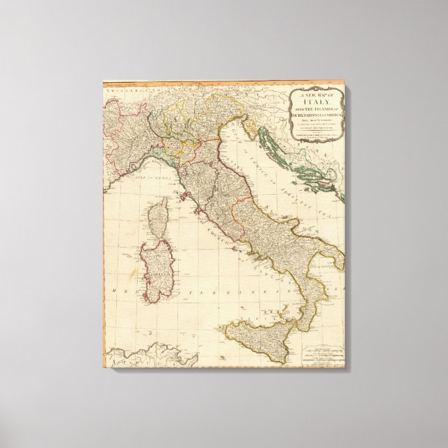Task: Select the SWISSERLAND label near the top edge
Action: (122, 88)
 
